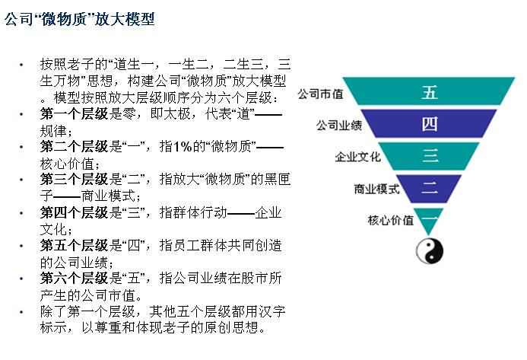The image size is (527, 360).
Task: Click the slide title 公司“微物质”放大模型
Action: [80, 19]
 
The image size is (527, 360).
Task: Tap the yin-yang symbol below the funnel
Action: [430, 251]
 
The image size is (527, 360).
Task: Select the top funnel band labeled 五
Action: [429, 91]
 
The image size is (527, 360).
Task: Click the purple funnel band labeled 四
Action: [429, 123]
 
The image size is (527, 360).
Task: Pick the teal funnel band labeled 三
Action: [429, 156]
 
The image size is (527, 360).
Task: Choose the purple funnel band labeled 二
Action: [429, 188]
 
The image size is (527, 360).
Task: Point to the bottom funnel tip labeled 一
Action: [429, 218]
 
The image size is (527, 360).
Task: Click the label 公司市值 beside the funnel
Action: [320, 94]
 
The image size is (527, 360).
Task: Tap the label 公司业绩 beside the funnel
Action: [339, 125]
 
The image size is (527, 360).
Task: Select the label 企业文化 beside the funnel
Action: [357, 157]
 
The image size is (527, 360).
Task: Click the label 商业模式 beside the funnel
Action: [376, 189]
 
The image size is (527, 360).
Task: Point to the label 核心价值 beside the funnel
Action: [391, 221]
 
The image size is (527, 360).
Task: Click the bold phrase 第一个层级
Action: [74, 113]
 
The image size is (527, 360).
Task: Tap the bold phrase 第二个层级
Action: [74, 147]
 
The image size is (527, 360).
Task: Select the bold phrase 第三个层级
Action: [74, 180]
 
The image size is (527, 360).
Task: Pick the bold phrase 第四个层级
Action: [74, 212]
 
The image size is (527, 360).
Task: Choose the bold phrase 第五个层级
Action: [74, 245]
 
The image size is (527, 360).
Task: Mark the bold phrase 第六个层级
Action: [74, 279]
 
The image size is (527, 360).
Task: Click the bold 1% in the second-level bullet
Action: [183, 147]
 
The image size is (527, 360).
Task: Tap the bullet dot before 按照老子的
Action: [21, 64]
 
